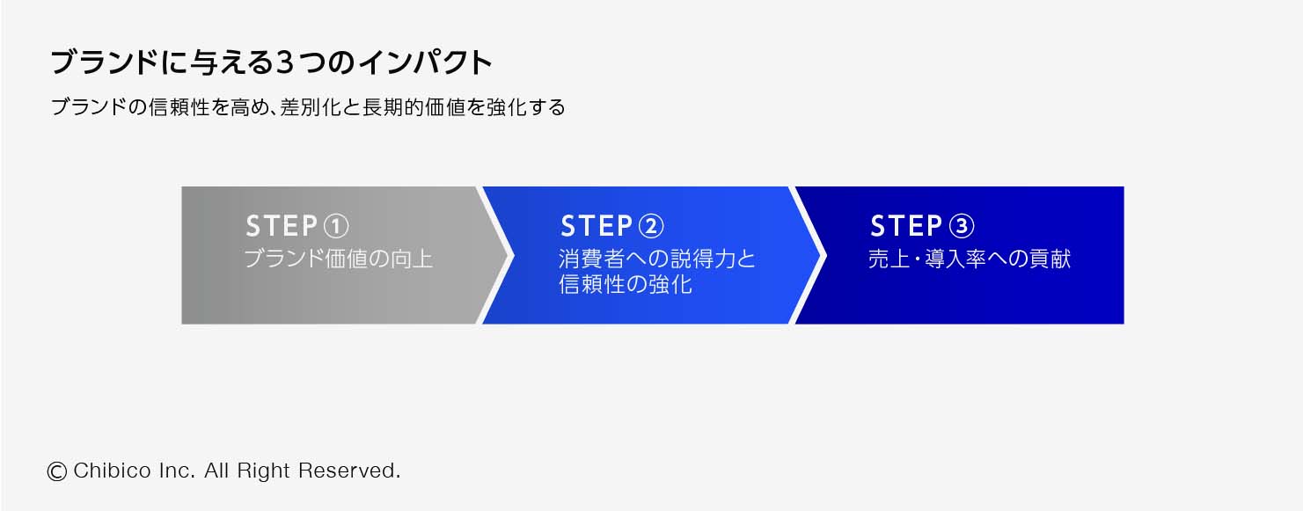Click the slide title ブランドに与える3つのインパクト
point(272,62)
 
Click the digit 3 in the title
point(284,62)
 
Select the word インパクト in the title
point(426,62)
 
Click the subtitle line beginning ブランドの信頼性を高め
point(308,107)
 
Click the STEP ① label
point(297,226)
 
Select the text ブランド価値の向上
point(339,259)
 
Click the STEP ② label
point(612,226)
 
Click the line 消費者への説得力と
point(657,259)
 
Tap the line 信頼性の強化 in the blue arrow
point(626,284)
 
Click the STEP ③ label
point(923,226)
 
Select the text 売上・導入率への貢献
point(970,259)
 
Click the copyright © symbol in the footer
point(57,471)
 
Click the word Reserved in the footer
point(349,471)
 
